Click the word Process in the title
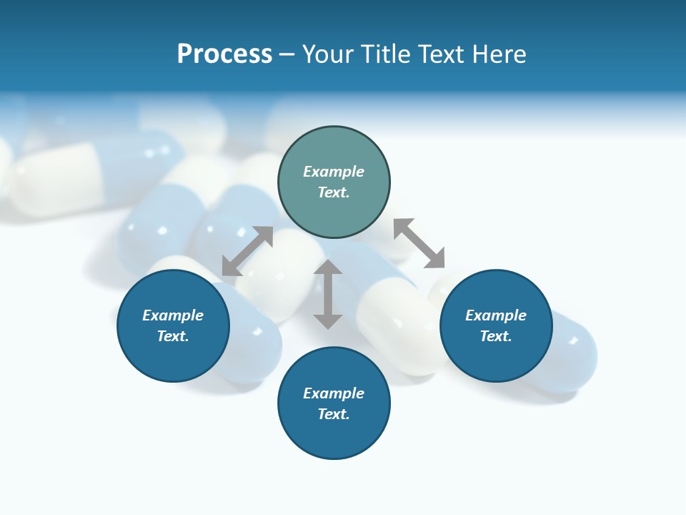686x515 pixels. coord(224,54)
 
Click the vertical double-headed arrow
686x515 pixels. coord(328,294)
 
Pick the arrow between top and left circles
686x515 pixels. coord(247,251)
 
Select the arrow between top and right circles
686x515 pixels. coord(419,243)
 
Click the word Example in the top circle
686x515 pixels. coord(334,172)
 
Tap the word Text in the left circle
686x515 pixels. coord(173,336)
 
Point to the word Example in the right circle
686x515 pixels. coord(496,315)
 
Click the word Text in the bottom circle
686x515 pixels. coord(334,414)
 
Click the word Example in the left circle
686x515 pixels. coord(173,315)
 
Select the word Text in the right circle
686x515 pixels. coord(496,336)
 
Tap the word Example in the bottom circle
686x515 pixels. coord(334,393)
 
